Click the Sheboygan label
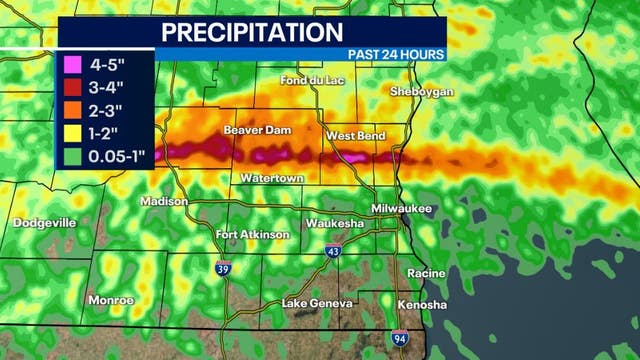tap(421, 92)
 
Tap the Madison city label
tap(164, 201)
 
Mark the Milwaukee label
tap(428, 209)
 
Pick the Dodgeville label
tap(44, 223)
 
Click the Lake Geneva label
tap(317, 303)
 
